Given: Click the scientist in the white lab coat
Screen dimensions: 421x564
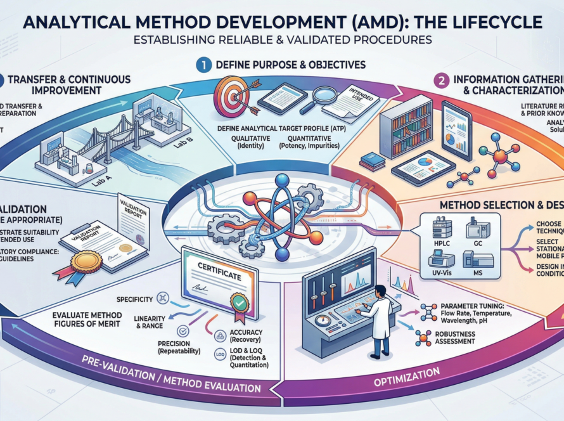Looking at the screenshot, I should (380, 317).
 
